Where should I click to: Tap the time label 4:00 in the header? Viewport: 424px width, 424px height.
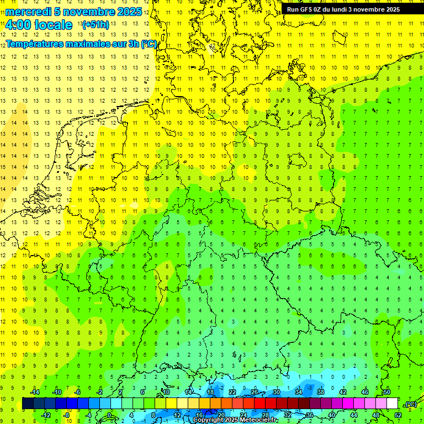[x=21, y=25]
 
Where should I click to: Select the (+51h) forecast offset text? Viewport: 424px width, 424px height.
[x=95, y=25]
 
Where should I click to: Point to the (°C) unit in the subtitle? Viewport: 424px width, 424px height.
[x=149, y=44]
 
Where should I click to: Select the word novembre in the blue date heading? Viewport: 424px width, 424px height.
[x=92, y=12]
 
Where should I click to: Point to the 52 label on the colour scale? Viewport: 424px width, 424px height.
[x=398, y=415]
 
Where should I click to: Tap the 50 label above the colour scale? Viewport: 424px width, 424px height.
[x=387, y=391]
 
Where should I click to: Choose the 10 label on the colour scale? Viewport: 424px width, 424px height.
[x=166, y=391]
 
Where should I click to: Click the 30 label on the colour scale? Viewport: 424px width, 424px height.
[x=277, y=391]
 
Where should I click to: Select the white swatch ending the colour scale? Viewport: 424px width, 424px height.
[x=393, y=404]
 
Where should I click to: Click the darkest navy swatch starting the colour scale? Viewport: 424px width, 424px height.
[x=28, y=404]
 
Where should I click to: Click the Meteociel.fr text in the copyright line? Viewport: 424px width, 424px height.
[x=259, y=420]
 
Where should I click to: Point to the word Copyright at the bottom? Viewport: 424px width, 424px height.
[x=209, y=420]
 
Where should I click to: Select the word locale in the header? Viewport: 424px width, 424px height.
[x=53, y=25]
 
